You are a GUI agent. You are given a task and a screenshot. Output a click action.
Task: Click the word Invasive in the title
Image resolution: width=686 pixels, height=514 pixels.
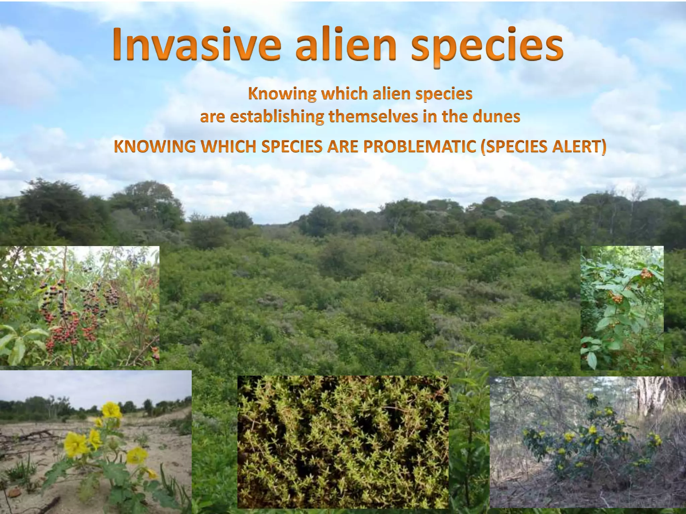[x=196, y=44]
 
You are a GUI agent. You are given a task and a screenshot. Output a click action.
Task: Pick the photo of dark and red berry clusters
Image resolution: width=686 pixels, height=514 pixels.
[x=79, y=305]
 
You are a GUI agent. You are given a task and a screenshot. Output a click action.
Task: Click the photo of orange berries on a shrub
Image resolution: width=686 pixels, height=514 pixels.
[x=622, y=308]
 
